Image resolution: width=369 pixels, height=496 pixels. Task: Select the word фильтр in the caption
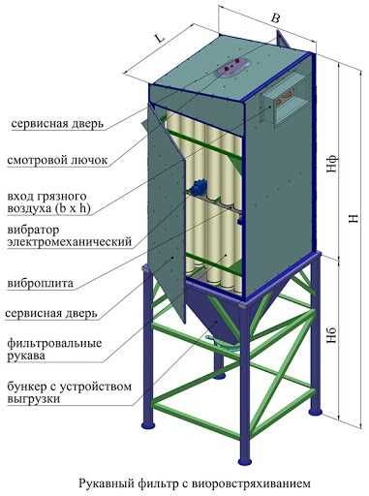164,477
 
